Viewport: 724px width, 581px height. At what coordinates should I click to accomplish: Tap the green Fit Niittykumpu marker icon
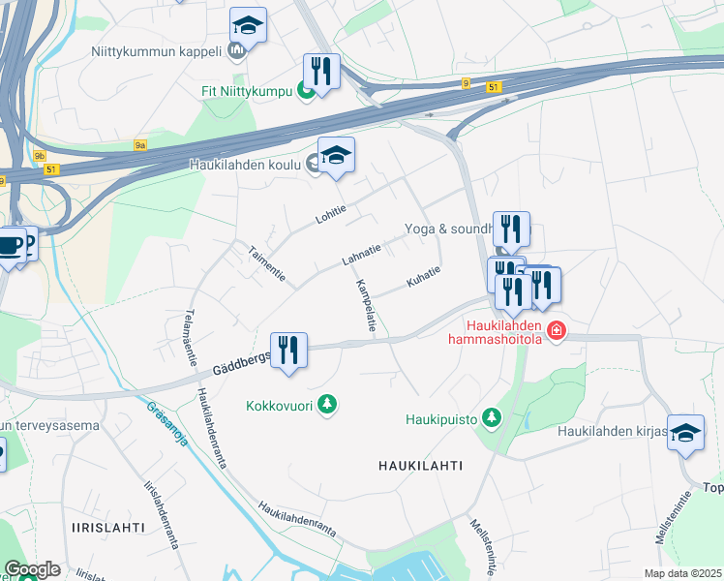tap(305, 92)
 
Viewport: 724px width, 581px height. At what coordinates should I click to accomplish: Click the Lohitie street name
tap(331, 214)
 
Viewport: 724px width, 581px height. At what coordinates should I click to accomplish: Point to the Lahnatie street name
tap(361, 255)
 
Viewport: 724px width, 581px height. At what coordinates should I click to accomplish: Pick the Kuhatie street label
tap(424, 276)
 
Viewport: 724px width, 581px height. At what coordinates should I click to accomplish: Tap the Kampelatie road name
tap(365, 306)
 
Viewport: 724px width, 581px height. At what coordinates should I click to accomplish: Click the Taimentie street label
tap(266, 262)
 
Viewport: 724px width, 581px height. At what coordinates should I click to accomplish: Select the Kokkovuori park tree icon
tap(328, 404)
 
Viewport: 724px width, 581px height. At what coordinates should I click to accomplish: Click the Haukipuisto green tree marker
tap(493, 417)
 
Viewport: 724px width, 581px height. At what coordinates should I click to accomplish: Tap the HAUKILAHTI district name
tap(420, 466)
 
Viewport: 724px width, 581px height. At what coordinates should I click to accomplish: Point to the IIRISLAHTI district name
tap(108, 528)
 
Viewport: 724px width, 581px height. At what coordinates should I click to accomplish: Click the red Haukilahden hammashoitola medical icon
tap(556, 332)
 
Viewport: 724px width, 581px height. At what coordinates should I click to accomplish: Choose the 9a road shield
tap(140, 145)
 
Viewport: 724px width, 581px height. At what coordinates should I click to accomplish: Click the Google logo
tap(32, 569)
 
